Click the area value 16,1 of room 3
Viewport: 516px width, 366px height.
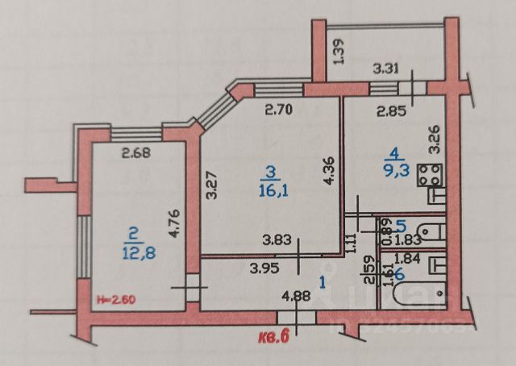[271, 189]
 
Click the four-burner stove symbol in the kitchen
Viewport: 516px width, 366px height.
[428, 174]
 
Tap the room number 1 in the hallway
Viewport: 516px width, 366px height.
[324, 282]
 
